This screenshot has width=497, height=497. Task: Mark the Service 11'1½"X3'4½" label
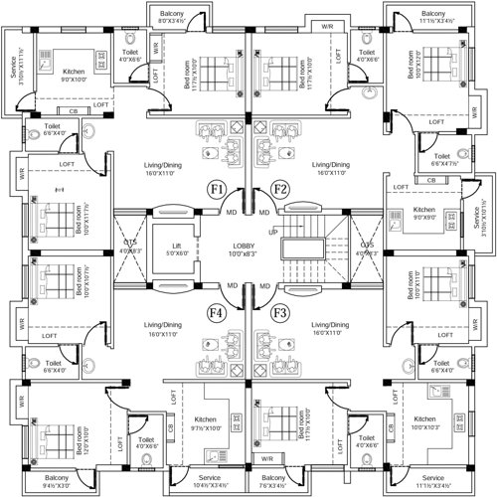(433, 482)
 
